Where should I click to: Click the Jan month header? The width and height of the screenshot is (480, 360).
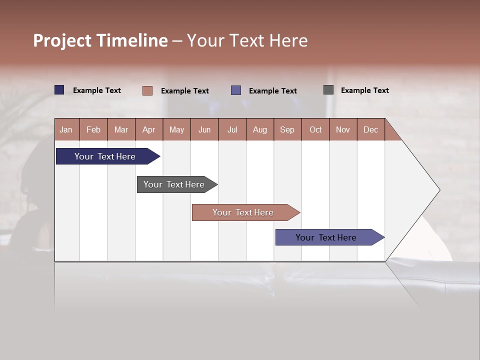(x=66, y=129)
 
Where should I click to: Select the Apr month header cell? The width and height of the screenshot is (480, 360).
(x=149, y=129)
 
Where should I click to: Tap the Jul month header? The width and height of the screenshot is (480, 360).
(x=232, y=129)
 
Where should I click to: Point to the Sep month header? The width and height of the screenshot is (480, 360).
(x=287, y=129)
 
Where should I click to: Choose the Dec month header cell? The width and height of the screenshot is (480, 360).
(x=370, y=129)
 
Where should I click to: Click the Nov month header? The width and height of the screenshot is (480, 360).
(x=343, y=129)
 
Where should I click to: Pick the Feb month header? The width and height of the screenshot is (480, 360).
(x=93, y=129)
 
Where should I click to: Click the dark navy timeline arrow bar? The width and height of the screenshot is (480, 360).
(x=105, y=156)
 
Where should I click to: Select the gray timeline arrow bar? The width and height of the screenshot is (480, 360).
(x=174, y=184)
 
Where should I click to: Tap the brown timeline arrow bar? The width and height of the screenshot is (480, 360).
(x=243, y=212)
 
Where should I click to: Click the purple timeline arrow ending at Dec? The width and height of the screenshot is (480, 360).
(x=326, y=237)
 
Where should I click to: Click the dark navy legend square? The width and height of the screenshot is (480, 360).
(x=59, y=90)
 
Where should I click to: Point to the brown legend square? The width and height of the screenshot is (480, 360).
(x=147, y=90)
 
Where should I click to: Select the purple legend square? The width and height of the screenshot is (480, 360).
(x=236, y=90)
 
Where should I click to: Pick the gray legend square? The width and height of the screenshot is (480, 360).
(x=328, y=90)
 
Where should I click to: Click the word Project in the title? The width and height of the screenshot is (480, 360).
(x=63, y=40)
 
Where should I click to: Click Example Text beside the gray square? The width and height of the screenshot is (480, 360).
(x=364, y=90)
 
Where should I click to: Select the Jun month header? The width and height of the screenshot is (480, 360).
(x=204, y=129)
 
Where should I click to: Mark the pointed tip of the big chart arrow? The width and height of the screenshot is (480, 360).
(x=439, y=190)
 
